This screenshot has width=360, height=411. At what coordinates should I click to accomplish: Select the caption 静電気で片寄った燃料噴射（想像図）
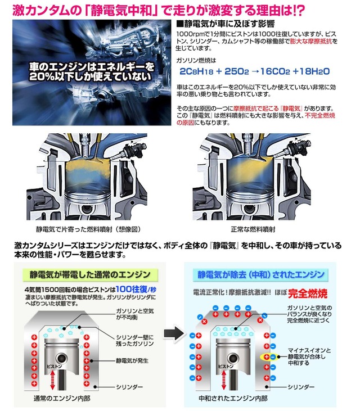click(x=91, y=229)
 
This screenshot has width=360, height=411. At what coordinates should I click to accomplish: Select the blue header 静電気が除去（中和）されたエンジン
click(x=260, y=274)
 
